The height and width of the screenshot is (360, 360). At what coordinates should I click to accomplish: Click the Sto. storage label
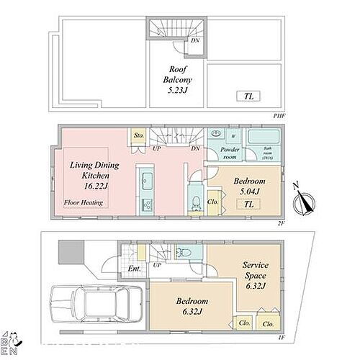[137, 135]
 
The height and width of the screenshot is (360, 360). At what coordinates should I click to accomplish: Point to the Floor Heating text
[83, 202]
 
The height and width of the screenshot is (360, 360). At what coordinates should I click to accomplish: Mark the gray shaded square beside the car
[71, 253]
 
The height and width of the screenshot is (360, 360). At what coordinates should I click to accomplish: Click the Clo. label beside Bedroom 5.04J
[213, 202]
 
